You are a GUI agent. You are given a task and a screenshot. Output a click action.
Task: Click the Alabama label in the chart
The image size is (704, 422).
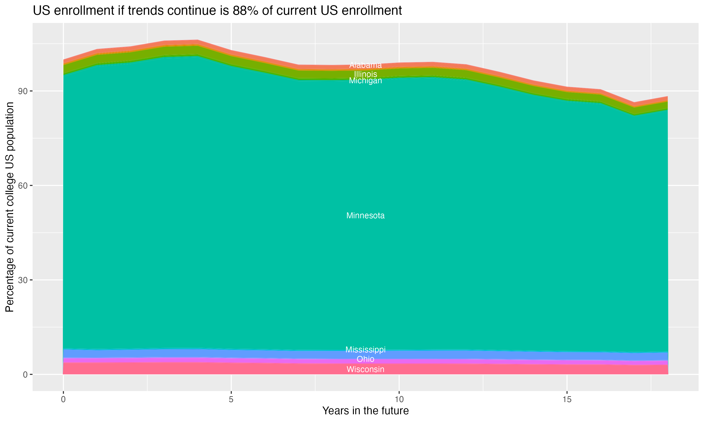pyautogui.click(x=365, y=65)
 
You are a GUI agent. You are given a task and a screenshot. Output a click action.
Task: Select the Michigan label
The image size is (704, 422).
pyautogui.click(x=365, y=81)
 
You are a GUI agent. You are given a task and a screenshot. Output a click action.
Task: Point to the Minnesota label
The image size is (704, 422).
pyautogui.click(x=365, y=215)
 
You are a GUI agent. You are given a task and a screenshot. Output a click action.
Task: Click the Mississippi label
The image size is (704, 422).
pyautogui.click(x=365, y=350)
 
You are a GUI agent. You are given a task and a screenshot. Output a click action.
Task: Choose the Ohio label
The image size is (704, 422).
pyautogui.click(x=365, y=359)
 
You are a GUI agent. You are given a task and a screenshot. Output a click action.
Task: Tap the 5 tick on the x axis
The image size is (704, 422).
pyautogui.click(x=231, y=399)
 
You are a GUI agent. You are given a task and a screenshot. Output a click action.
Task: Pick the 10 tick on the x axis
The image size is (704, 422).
pyautogui.click(x=399, y=399)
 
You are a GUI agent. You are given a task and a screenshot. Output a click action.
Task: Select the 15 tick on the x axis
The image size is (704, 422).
pyautogui.click(x=567, y=399)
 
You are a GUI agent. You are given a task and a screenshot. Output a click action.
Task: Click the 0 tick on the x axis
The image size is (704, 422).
pyautogui.click(x=63, y=399)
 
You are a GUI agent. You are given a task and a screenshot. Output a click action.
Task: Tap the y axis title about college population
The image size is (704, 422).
pyautogui.click(x=10, y=207)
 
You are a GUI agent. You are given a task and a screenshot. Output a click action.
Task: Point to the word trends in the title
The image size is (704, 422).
pyautogui.click(x=145, y=11)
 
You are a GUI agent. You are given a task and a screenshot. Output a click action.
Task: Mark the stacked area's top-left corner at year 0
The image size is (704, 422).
pyautogui.click(x=63, y=60)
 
